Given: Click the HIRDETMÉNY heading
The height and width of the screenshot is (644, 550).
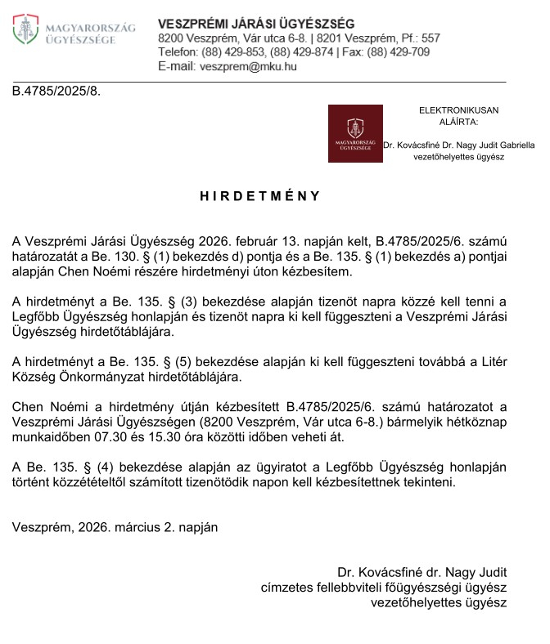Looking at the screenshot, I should (260, 196).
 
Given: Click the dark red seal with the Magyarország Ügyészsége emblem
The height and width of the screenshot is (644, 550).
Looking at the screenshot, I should (354, 133).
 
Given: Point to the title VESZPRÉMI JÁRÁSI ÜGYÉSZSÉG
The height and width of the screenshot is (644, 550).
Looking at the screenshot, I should (256, 23).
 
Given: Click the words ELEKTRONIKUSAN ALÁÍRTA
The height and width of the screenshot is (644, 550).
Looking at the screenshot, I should (458, 115).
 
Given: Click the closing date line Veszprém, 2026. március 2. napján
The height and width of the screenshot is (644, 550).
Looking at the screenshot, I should (115, 527).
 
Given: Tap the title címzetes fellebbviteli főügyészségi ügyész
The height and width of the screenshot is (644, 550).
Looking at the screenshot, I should (383, 588).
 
